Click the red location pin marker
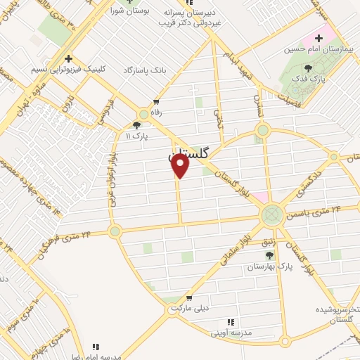181,166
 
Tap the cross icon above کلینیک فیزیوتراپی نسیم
67,59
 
